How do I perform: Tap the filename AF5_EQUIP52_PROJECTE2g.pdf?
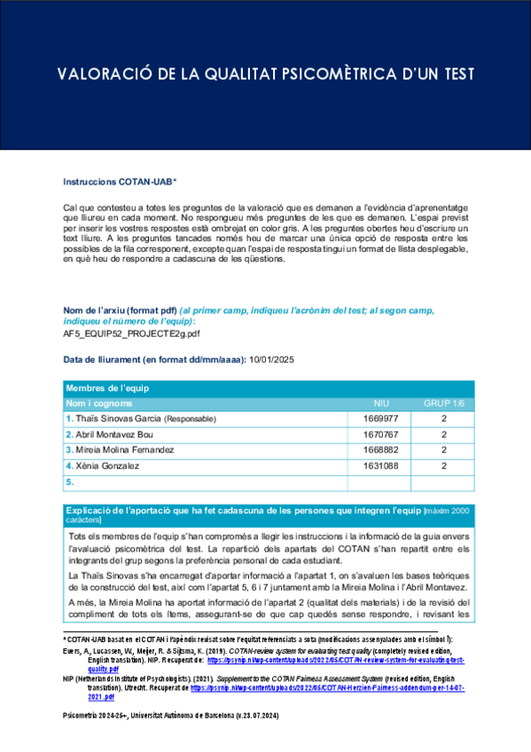[131, 335]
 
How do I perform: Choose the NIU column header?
[382, 403]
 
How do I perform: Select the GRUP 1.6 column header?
[442, 403]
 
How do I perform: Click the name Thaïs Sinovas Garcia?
[116, 419]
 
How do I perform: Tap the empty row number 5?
[69, 482]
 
